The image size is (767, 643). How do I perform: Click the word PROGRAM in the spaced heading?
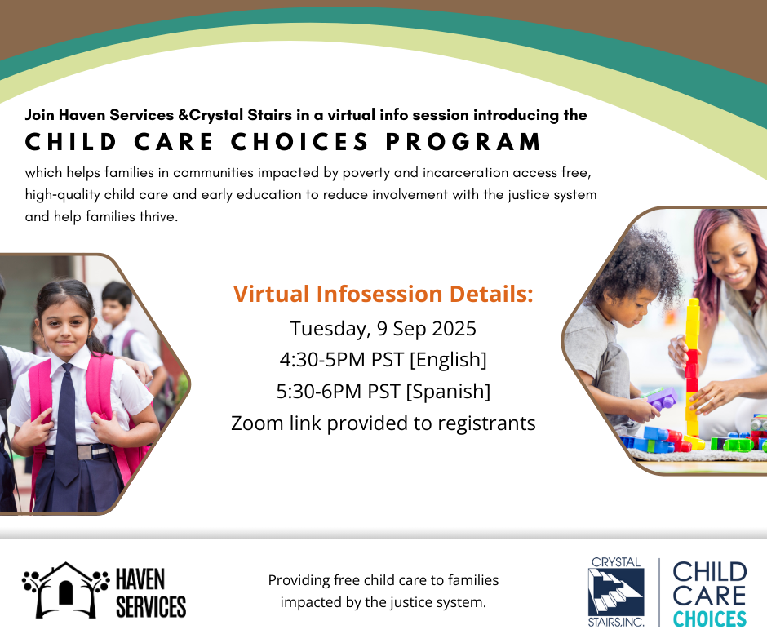(x=463, y=142)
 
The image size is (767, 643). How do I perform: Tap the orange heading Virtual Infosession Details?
(x=383, y=294)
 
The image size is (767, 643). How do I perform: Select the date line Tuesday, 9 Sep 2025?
(x=383, y=329)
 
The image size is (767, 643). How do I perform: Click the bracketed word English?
(x=448, y=360)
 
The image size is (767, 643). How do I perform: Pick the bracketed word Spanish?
(x=449, y=392)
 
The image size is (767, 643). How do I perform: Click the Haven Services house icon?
(x=65, y=590)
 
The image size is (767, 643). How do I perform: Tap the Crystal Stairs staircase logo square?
(x=616, y=592)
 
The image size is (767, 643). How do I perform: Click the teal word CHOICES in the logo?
(x=710, y=619)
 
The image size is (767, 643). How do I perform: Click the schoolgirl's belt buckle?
(x=84, y=452)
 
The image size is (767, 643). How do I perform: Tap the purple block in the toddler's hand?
(x=663, y=398)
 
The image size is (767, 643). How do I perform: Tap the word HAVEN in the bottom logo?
(x=140, y=579)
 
